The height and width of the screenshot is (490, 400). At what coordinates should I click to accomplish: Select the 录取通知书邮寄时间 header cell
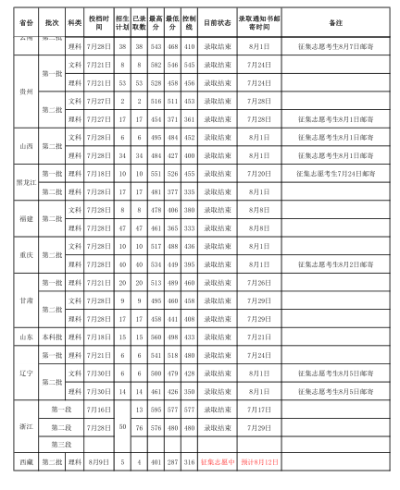pyautogui.click(x=260, y=19)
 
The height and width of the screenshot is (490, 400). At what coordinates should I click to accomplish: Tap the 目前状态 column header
pyautogui.click(x=217, y=19)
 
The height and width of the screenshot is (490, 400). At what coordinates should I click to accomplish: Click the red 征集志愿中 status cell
pyautogui.click(x=217, y=461)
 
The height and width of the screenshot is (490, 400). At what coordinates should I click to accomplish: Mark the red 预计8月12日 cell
pyautogui.click(x=260, y=461)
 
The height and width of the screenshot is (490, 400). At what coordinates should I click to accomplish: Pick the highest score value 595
pyautogui.click(x=156, y=409)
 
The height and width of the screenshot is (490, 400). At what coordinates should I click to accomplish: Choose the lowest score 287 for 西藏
pyautogui.click(x=173, y=461)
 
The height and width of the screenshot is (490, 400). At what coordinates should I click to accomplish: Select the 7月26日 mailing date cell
pyautogui.click(x=260, y=282)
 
